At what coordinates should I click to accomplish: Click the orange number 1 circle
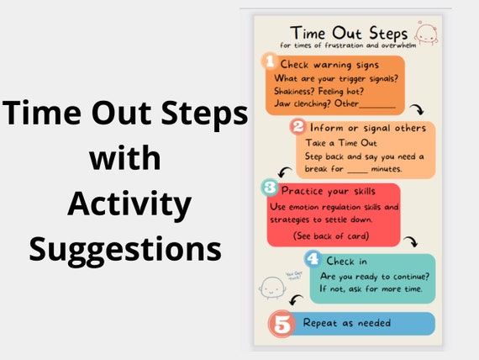click(268, 61)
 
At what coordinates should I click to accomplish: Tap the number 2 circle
click(297, 128)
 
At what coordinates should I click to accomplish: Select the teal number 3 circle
click(269, 187)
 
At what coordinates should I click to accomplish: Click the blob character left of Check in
click(271, 287)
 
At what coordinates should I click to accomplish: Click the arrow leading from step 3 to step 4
click(411, 241)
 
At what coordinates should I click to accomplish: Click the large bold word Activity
click(129, 204)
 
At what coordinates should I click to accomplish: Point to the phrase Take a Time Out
click(334, 143)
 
